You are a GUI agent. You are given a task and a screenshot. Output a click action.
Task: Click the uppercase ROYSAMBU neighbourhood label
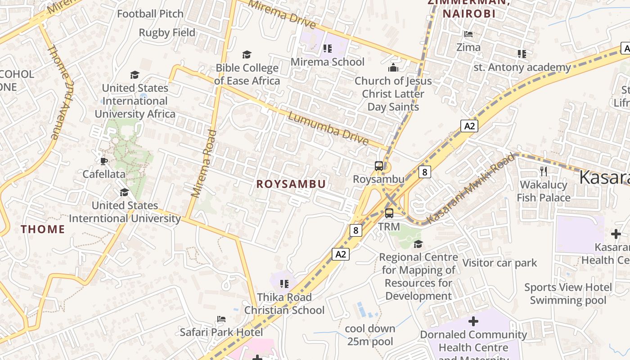click(291, 184)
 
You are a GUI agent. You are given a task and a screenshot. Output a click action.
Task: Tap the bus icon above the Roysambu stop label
click(379, 166)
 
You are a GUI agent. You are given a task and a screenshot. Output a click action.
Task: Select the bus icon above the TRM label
click(389, 213)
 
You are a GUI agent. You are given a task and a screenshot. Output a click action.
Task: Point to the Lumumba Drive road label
click(328, 129)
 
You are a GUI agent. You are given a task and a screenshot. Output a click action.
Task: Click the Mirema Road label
click(204, 164)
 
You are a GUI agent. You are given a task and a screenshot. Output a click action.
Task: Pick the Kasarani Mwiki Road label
click(471, 188)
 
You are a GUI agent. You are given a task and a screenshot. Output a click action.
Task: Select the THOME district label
click(43, 229)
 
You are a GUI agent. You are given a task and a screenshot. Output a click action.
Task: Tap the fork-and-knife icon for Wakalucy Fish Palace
click(544, 171)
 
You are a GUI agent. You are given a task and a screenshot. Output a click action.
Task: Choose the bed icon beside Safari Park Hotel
click(221, 319)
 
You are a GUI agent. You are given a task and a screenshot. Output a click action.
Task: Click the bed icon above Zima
click(468, 34)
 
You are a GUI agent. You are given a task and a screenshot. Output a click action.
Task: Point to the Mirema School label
click(328, 62)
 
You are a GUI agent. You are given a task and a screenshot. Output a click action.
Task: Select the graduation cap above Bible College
click(247, 55)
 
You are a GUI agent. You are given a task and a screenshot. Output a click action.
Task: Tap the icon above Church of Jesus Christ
click(393, 68)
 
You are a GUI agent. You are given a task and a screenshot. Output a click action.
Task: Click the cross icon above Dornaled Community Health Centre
click(473, 321)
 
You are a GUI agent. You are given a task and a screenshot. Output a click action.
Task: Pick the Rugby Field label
click(167, 33)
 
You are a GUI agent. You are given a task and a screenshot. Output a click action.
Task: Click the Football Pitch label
click(150, 14)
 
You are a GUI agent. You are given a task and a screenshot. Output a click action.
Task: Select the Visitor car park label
click(499, 263)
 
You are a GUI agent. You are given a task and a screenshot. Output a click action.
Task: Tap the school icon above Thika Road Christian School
click(284, 284)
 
